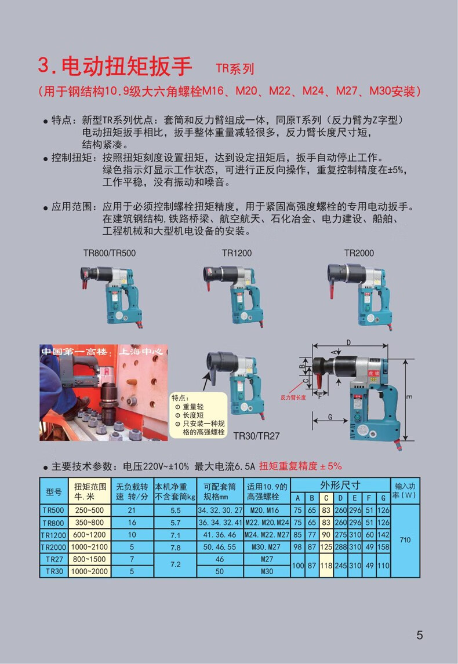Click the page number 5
pyautogui.click(x=419, y=635)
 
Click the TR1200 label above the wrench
pyautogui.click(x=237, y=253)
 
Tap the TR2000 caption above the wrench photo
pyautogui.click(x=359, y=253)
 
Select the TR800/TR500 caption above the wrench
pyautogui.click(x=110, y=253)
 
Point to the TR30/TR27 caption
pyautogui.click(x=256, y=435)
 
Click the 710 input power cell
pyautogui.click(x=405, y=540)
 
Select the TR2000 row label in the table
pyautogui.click(x=54, y=548)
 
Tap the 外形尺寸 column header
pyautogui.click(x=340, y=485)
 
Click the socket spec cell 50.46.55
pyautogui.click(x=220, y=548)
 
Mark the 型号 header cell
pyautogui.click(x=54, y=492)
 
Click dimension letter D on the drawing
pyautogui.click(x=348, y=342)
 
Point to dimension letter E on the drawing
pyautogui.click(x=409, y=397)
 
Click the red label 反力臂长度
pyautogui.click(x=293, y=398)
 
